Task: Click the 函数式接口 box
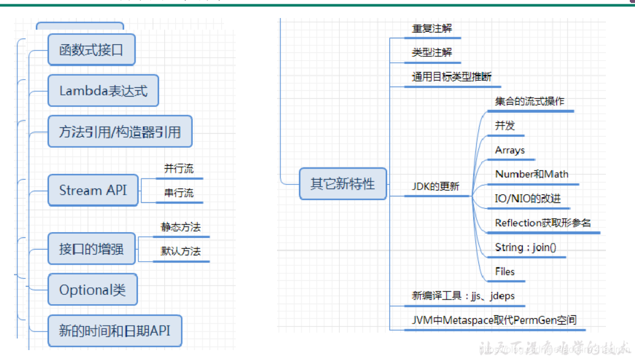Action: (x=91, y=49)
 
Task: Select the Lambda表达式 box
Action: (x=103, y=91)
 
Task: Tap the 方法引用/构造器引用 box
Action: (x=120, y=131)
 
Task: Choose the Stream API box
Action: (x=93, y=190)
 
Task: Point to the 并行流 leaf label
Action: (x=179, y=169)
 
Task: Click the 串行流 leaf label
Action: (x=179, y=193)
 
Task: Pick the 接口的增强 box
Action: (x=91, y=249)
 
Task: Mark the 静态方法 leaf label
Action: (x=180, y=227)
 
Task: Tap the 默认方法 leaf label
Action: (x=180, y=251)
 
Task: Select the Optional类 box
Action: (x=93, y=289)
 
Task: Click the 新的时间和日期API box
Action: (x=114, y=330)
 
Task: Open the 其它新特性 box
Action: (x=343, y=184)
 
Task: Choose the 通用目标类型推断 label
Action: (x=452, y=76)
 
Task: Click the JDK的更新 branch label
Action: (x=435, y=187)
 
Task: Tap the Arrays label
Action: (x=510, y=150)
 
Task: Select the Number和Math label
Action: (x=531, y=174)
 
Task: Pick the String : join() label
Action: (x=526, y=247)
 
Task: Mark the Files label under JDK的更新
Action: (x=505, y=271)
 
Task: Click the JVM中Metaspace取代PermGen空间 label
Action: (x=494, y=320)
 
